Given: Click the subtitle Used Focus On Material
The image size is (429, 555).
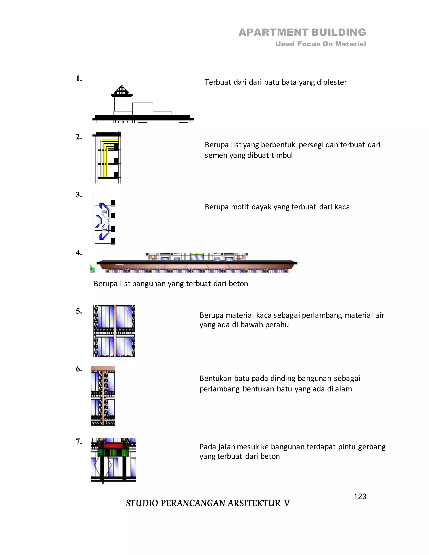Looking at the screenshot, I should (320, 44).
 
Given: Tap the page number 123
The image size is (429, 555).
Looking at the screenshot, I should (360, 496).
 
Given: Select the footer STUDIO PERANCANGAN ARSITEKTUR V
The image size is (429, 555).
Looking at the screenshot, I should (207, 503).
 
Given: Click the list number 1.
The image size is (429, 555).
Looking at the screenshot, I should (79, 79).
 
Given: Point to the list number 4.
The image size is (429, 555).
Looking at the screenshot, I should (79, 253).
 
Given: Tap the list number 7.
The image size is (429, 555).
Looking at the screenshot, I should (79, 441).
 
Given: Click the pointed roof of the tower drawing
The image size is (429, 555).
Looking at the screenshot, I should (121, 90).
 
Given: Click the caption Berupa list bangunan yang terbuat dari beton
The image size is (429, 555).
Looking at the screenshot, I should (171, 284).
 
